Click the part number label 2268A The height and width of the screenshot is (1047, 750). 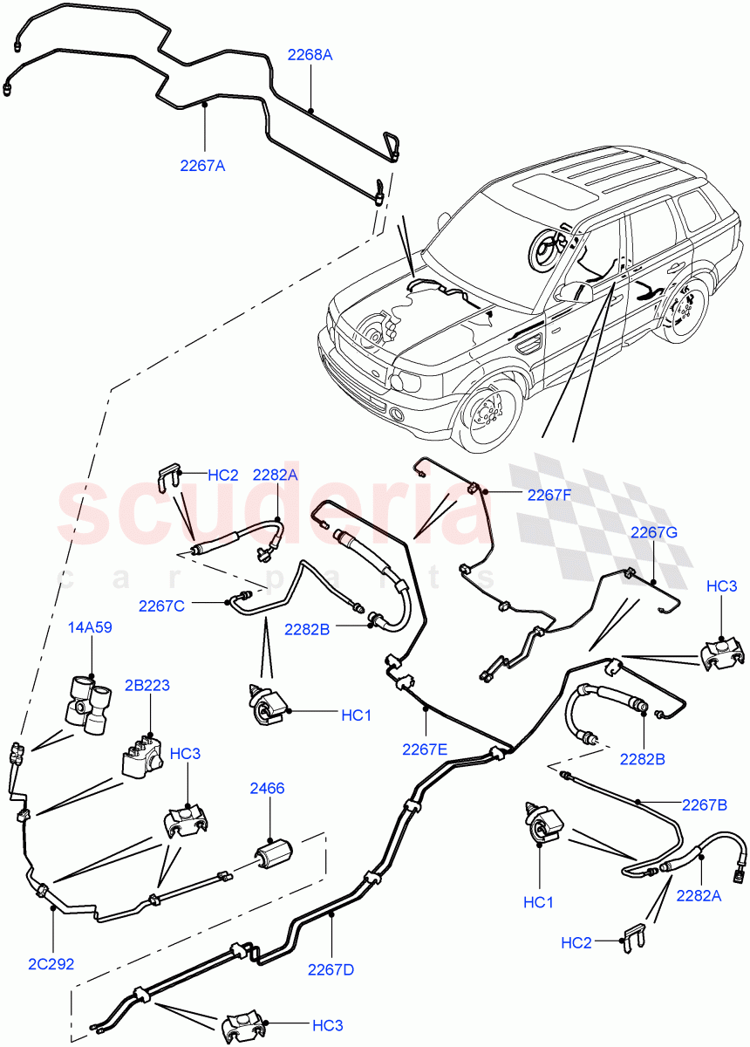(x=310, y=54)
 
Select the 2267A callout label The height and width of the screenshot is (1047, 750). (x=202, y=166)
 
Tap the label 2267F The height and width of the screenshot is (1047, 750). (x=549, y=495)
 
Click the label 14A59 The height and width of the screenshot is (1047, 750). (x=90, y=627)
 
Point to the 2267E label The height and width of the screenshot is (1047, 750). (x=425, y=748)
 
